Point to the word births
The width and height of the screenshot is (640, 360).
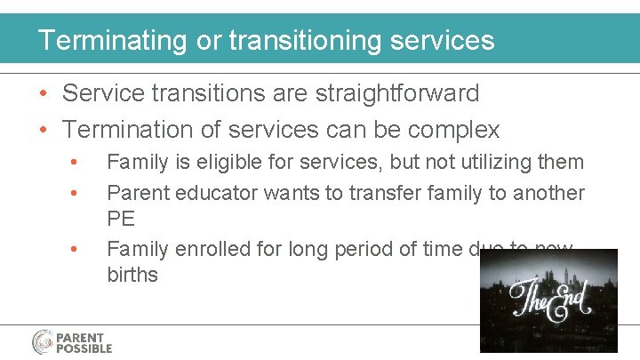[132, 275]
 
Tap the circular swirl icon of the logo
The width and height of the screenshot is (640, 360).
[43, 343]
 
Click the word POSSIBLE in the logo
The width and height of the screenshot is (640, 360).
[84, 348]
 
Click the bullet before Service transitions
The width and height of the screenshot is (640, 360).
[44, 94]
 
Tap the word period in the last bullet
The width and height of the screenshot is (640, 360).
[371, 250]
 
